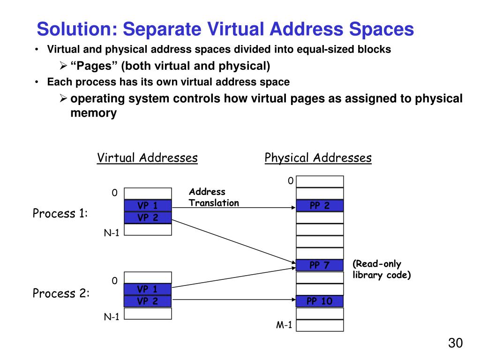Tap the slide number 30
[455, 343]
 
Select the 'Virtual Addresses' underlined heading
[147, 158]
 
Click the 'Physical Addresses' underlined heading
[318, 158]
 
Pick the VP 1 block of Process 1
[148, 205]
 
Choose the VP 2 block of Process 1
[148, 217]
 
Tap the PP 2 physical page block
[320, 206]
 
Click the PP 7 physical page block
[320, 265]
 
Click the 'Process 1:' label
[60, 214]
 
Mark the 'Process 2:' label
[61, 294]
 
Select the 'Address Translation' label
[214, 197]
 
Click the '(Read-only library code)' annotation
[382, 270]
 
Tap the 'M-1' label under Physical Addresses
[284, 325]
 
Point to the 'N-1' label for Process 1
[112, 233]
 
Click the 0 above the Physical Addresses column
[291, 180]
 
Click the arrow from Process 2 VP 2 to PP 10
[234, 301]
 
